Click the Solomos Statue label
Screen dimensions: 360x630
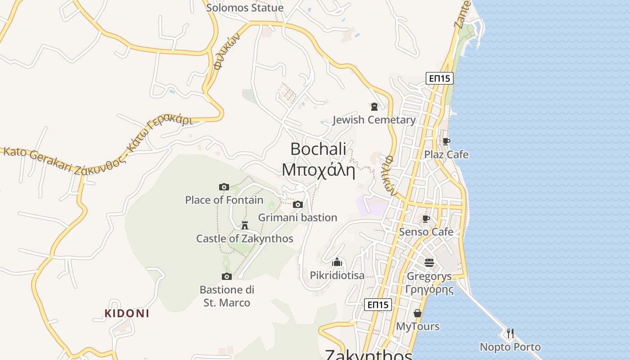click(245, 8)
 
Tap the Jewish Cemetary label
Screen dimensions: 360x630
click(374, 120)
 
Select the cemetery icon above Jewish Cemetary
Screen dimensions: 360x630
click(374, 107)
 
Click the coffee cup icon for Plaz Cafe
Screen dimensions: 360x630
click(446, 141)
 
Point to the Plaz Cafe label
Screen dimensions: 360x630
click(446, 155)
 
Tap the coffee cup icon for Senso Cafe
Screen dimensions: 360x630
click(426, 219)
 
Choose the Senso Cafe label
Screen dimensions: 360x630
click(426, 232)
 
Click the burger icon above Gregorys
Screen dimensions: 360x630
click(429, 262)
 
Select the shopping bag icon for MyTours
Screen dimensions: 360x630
click(418, 313)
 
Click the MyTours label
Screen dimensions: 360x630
click(418, 326)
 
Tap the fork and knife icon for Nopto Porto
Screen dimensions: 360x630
click(510, 333)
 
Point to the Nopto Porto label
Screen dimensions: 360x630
click(510, 347)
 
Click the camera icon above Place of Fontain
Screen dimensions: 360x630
click(224, 187)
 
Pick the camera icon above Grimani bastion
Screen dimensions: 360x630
click(297, 205)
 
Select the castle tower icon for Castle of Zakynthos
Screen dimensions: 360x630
click(245, 225)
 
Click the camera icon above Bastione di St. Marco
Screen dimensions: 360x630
click(226, 276)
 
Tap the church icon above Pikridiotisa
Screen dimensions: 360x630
click(337, 262)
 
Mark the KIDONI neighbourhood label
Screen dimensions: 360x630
click(126, 313)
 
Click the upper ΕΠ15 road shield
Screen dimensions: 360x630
click(439, 79)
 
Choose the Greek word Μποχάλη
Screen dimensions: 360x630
click(318, 170)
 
